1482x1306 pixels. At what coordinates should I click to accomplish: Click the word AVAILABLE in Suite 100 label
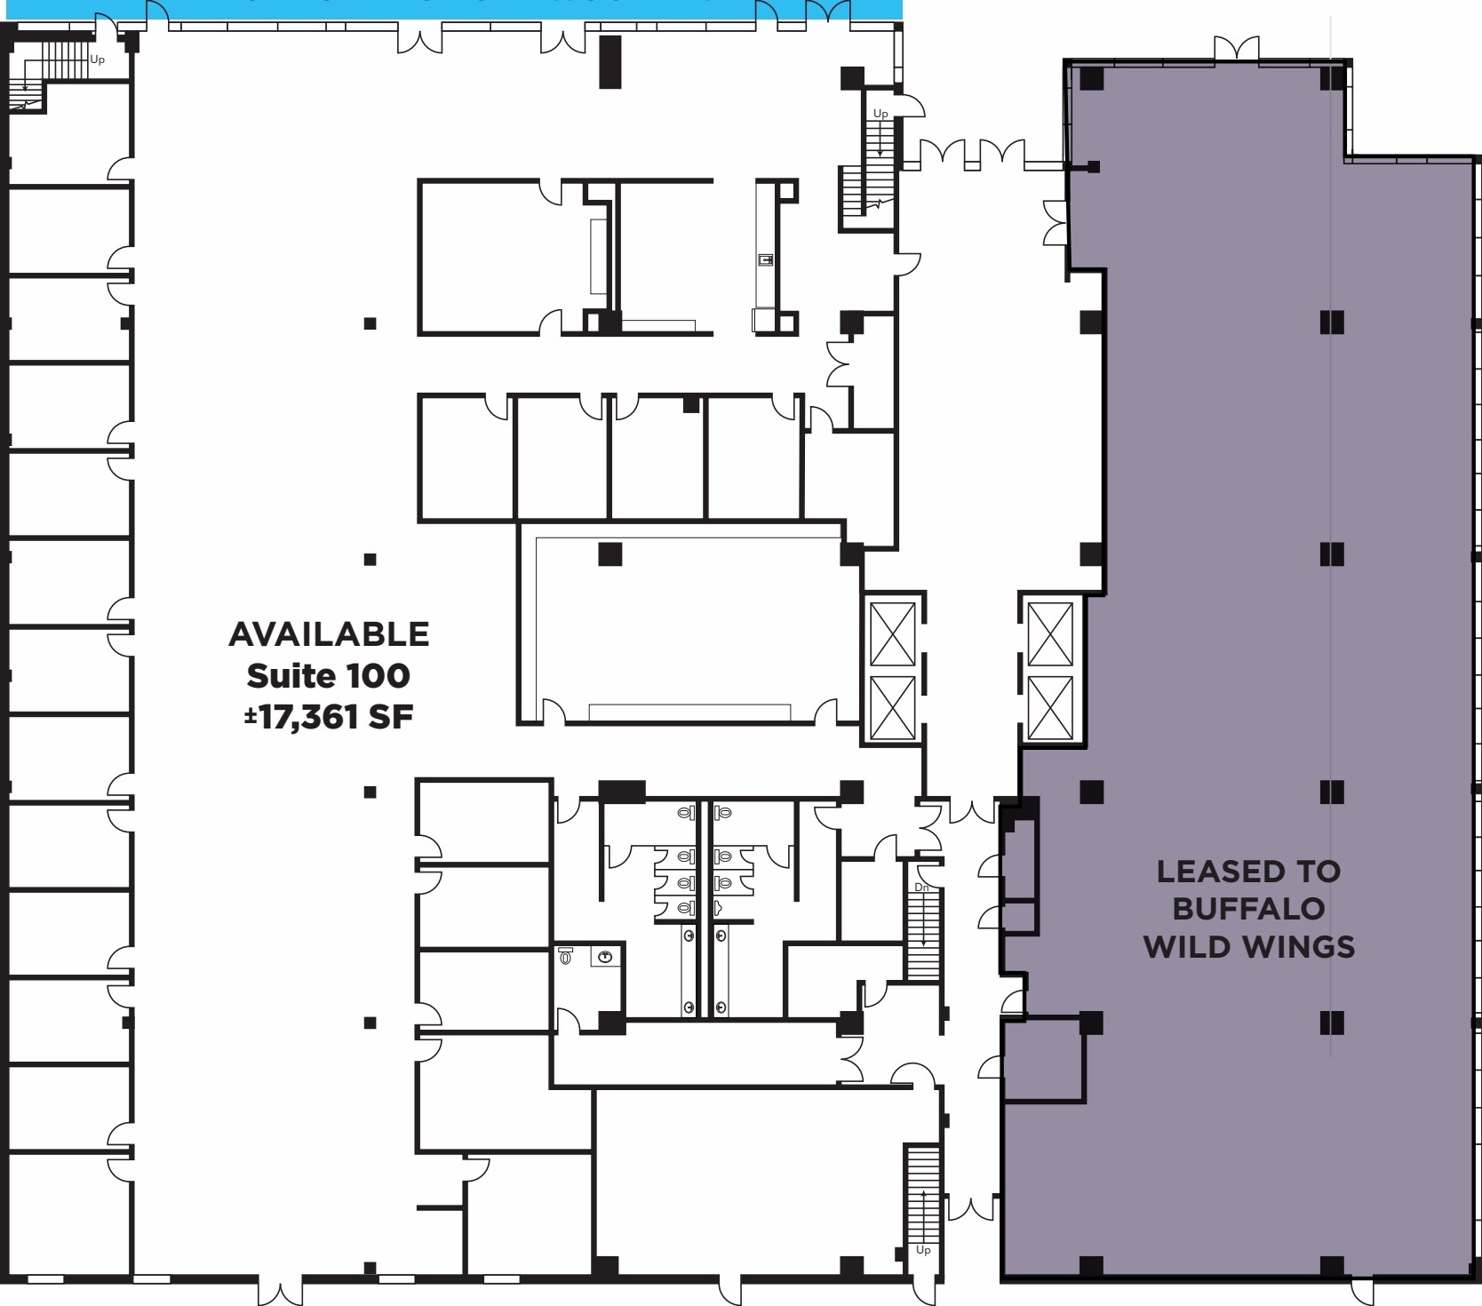pos(329,634)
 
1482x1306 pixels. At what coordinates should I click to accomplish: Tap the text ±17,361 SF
pos(329,717)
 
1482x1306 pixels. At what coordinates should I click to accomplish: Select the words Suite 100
pos(329,676)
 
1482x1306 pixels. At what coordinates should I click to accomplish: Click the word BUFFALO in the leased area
pos(1248,909)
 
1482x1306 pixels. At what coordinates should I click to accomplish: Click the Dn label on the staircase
pos(921,888)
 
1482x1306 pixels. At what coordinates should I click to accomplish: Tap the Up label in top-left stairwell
pos(97,60)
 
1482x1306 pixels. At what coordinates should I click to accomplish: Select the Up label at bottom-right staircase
pos(923,1250)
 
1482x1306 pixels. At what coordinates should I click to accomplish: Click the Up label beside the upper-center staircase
pos(880,114)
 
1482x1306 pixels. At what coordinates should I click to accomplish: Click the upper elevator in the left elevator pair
pos(893,633)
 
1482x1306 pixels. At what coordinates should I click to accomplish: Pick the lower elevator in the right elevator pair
pos(1050,707)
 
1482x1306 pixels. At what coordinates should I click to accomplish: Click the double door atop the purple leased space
pos(1237,48)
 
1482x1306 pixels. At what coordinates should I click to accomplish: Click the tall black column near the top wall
pos(610,61)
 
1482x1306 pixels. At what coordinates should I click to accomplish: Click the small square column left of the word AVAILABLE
pos(370,560)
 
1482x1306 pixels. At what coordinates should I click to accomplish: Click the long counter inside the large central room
pos(689,713)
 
